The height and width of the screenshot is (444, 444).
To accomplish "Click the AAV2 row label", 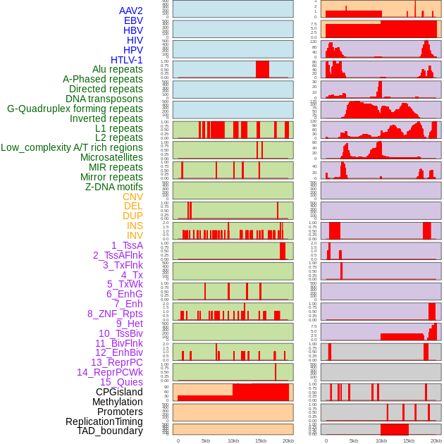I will (x=131, y=11).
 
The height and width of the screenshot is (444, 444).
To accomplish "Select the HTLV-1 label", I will (x=127, y=60).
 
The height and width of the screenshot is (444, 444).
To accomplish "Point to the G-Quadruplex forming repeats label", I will (x=75, y=109).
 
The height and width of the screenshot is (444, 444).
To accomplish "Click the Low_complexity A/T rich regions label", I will (x=72, y=147).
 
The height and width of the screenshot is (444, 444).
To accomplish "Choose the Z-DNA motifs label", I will (x=114, y=187).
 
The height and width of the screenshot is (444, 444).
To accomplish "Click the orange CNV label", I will (x=132, y=197).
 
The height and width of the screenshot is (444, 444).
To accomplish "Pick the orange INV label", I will (x=135, y=235).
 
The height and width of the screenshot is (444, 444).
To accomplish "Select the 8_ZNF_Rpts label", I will (x=115, y=314).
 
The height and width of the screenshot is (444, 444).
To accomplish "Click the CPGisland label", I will (x=119, y=392).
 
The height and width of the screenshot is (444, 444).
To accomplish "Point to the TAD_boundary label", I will (x=110, y=431).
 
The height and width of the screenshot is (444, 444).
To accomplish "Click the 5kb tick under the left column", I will (x=206, y=440).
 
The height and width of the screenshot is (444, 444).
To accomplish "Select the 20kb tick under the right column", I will (x=436, y=440).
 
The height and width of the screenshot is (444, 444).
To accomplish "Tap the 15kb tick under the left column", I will (x=261, y=440).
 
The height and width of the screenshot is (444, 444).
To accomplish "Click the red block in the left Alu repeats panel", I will (x=262, y=69).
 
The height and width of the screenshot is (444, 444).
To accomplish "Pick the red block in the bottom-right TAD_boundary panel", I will (x=394, y=429).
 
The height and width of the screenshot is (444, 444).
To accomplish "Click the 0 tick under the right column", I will (x=326, y=440).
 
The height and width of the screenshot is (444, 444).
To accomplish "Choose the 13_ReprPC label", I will (x=117, y=362).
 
